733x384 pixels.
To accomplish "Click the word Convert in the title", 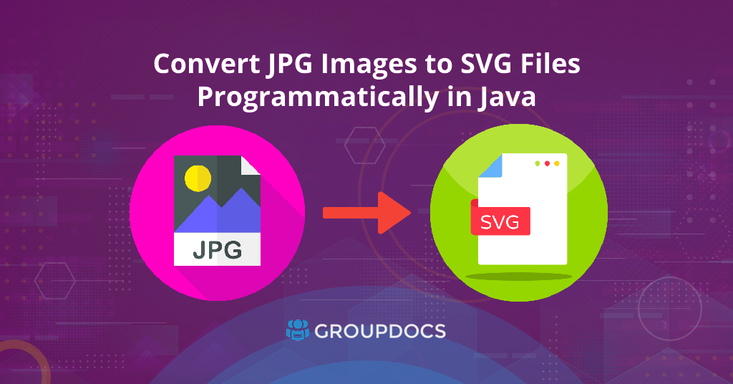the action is click(207, 64).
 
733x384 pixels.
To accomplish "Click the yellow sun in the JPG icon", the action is click(198, 178).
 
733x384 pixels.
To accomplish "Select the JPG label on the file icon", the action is click(218, 249).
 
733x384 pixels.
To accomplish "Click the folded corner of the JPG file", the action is click(250, 165).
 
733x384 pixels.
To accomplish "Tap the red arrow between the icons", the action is click(367, 213).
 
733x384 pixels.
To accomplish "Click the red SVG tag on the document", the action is click(500, 220).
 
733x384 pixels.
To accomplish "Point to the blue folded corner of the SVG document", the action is click(491, 166).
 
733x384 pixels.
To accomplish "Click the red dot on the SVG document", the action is click(547, 164).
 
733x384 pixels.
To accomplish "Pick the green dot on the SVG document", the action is click(538, 164).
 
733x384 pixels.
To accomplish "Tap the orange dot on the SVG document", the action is click(557, 164).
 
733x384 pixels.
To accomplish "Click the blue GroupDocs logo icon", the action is click(298, 330).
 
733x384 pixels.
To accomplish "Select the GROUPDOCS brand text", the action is click(380, 331).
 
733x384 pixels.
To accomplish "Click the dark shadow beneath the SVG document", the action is click(519, 277).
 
